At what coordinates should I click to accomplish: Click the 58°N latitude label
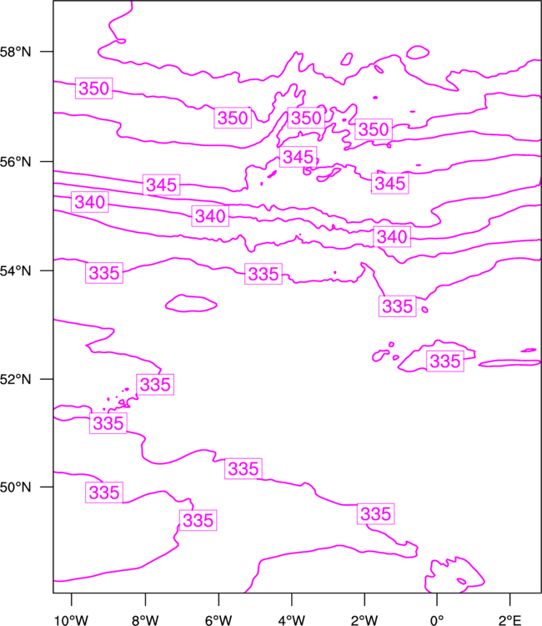[x=16, y=52]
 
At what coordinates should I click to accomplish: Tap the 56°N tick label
[x=16, y=162]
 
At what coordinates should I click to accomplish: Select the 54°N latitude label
[x=16, y=270]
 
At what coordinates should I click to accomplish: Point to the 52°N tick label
[x=16, y=379]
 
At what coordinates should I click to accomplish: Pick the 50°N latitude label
[x=16, y=487]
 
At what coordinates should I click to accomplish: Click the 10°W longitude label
[x=72, y=620]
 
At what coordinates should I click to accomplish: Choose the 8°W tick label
[x=145, y=620]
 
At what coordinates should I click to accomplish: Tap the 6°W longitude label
[x=218, y=620]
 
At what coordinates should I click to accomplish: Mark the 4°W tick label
[x=292, y=620]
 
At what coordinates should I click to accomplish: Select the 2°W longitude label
[x=364, y=620]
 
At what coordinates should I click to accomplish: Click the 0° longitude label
[x=437, y=620]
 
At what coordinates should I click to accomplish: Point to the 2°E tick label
[x=510, y=620]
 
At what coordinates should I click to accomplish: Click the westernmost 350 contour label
[x=94, y=88]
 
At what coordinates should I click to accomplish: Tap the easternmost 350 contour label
[x=374, y=129]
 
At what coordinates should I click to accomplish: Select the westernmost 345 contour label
[x=162, y=184]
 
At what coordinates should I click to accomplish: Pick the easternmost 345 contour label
[x=390, y=184]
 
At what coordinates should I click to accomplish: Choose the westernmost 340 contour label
[x=90, y=202]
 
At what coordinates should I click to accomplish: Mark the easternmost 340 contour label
[x=392, y=237]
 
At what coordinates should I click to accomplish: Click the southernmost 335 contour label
[x=198, y=520]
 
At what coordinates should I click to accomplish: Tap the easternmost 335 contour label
[x=445, y=361]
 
